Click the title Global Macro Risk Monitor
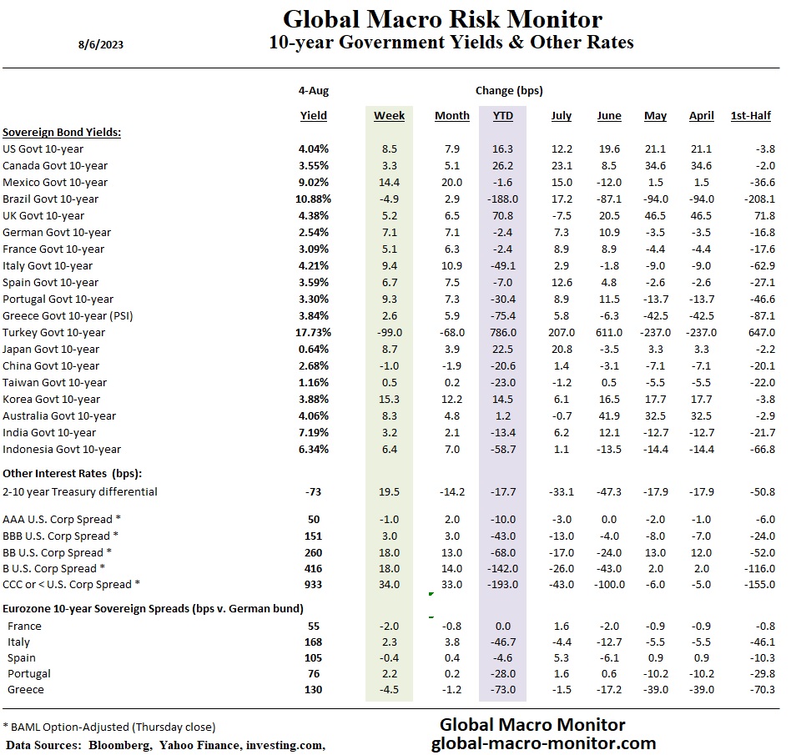[442, 18]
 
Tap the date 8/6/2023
[101, 45]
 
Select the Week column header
[389, 115]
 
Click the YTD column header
[499, 115]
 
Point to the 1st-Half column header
[750, 115]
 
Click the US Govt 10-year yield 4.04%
[314, 148]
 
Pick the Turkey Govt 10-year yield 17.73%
[310, 332]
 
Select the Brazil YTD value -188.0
[501, 199]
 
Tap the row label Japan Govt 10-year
[51, 349]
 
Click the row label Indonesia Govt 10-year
[62, 449]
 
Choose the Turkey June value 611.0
[607, 332]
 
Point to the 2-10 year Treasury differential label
[80, 491]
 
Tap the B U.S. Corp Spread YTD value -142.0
[501, 568]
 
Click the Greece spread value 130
[314, 689]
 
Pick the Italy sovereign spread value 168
[314, 642]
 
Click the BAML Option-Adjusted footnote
[110, 727]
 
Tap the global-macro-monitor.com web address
[543, 742]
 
